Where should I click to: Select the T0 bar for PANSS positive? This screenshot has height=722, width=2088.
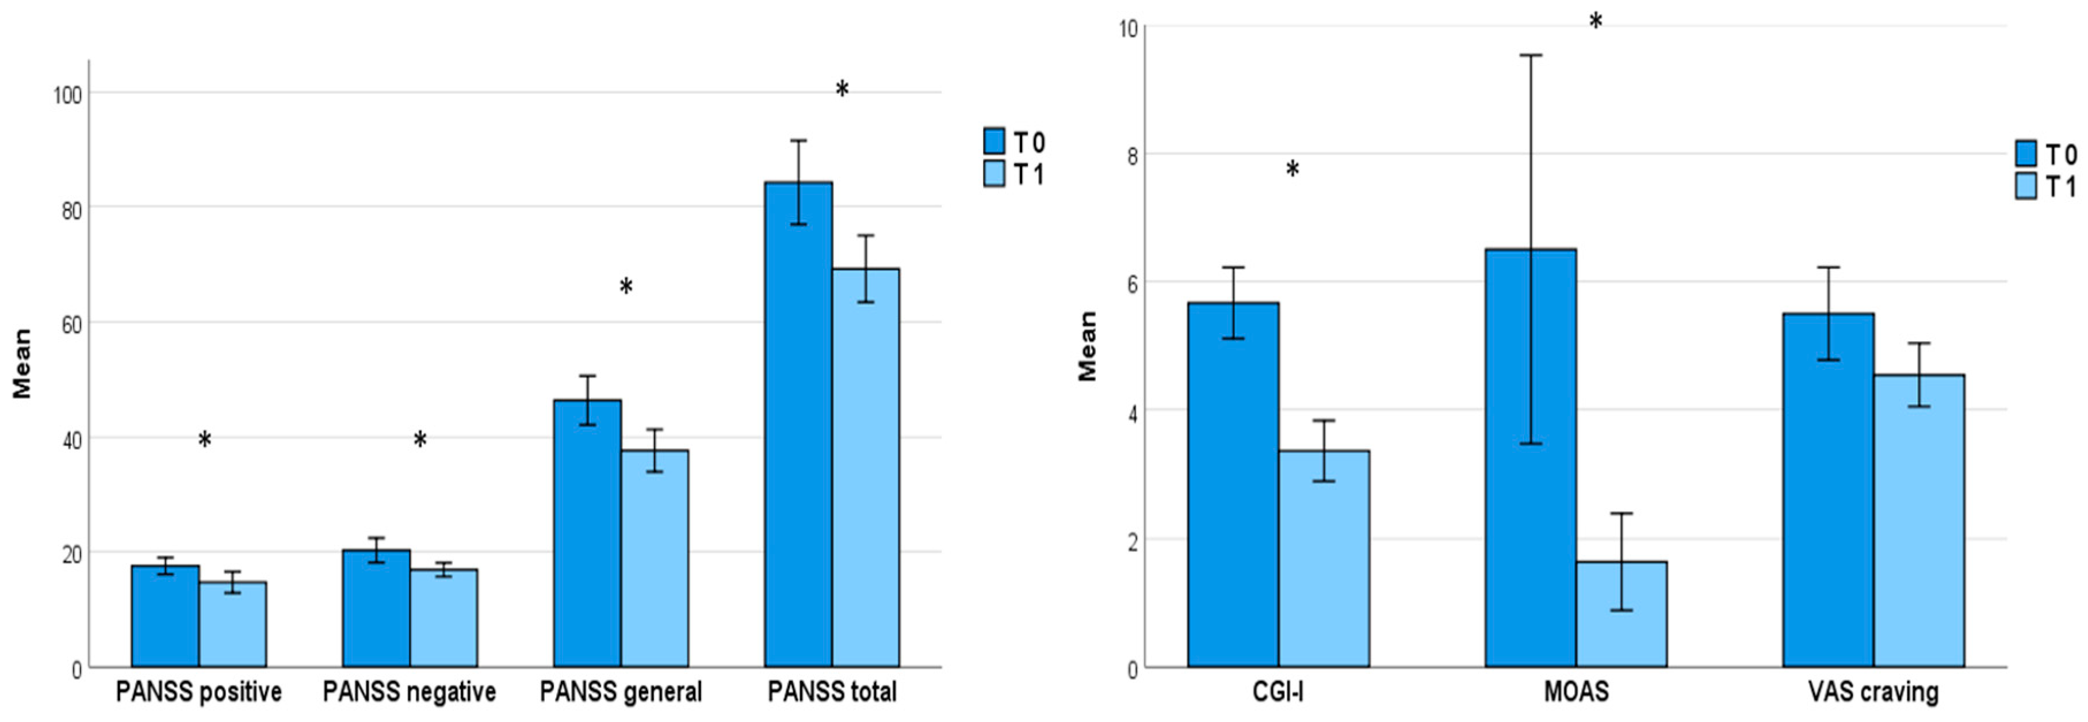[x=165, y=616]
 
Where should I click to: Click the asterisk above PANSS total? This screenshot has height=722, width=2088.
[x=842, y=89]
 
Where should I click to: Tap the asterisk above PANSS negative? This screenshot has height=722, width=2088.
[x=420, y=440]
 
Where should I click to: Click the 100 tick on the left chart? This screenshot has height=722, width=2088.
[x=68, y=95]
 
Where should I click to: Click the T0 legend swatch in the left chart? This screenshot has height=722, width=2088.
[x=994, y=141]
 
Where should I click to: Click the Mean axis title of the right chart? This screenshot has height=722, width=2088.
[x=1087, y=346]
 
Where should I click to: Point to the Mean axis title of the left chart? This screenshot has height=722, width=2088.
[x=22, y=363]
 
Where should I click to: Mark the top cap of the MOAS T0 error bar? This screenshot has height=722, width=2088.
[x=1530, y=55]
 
